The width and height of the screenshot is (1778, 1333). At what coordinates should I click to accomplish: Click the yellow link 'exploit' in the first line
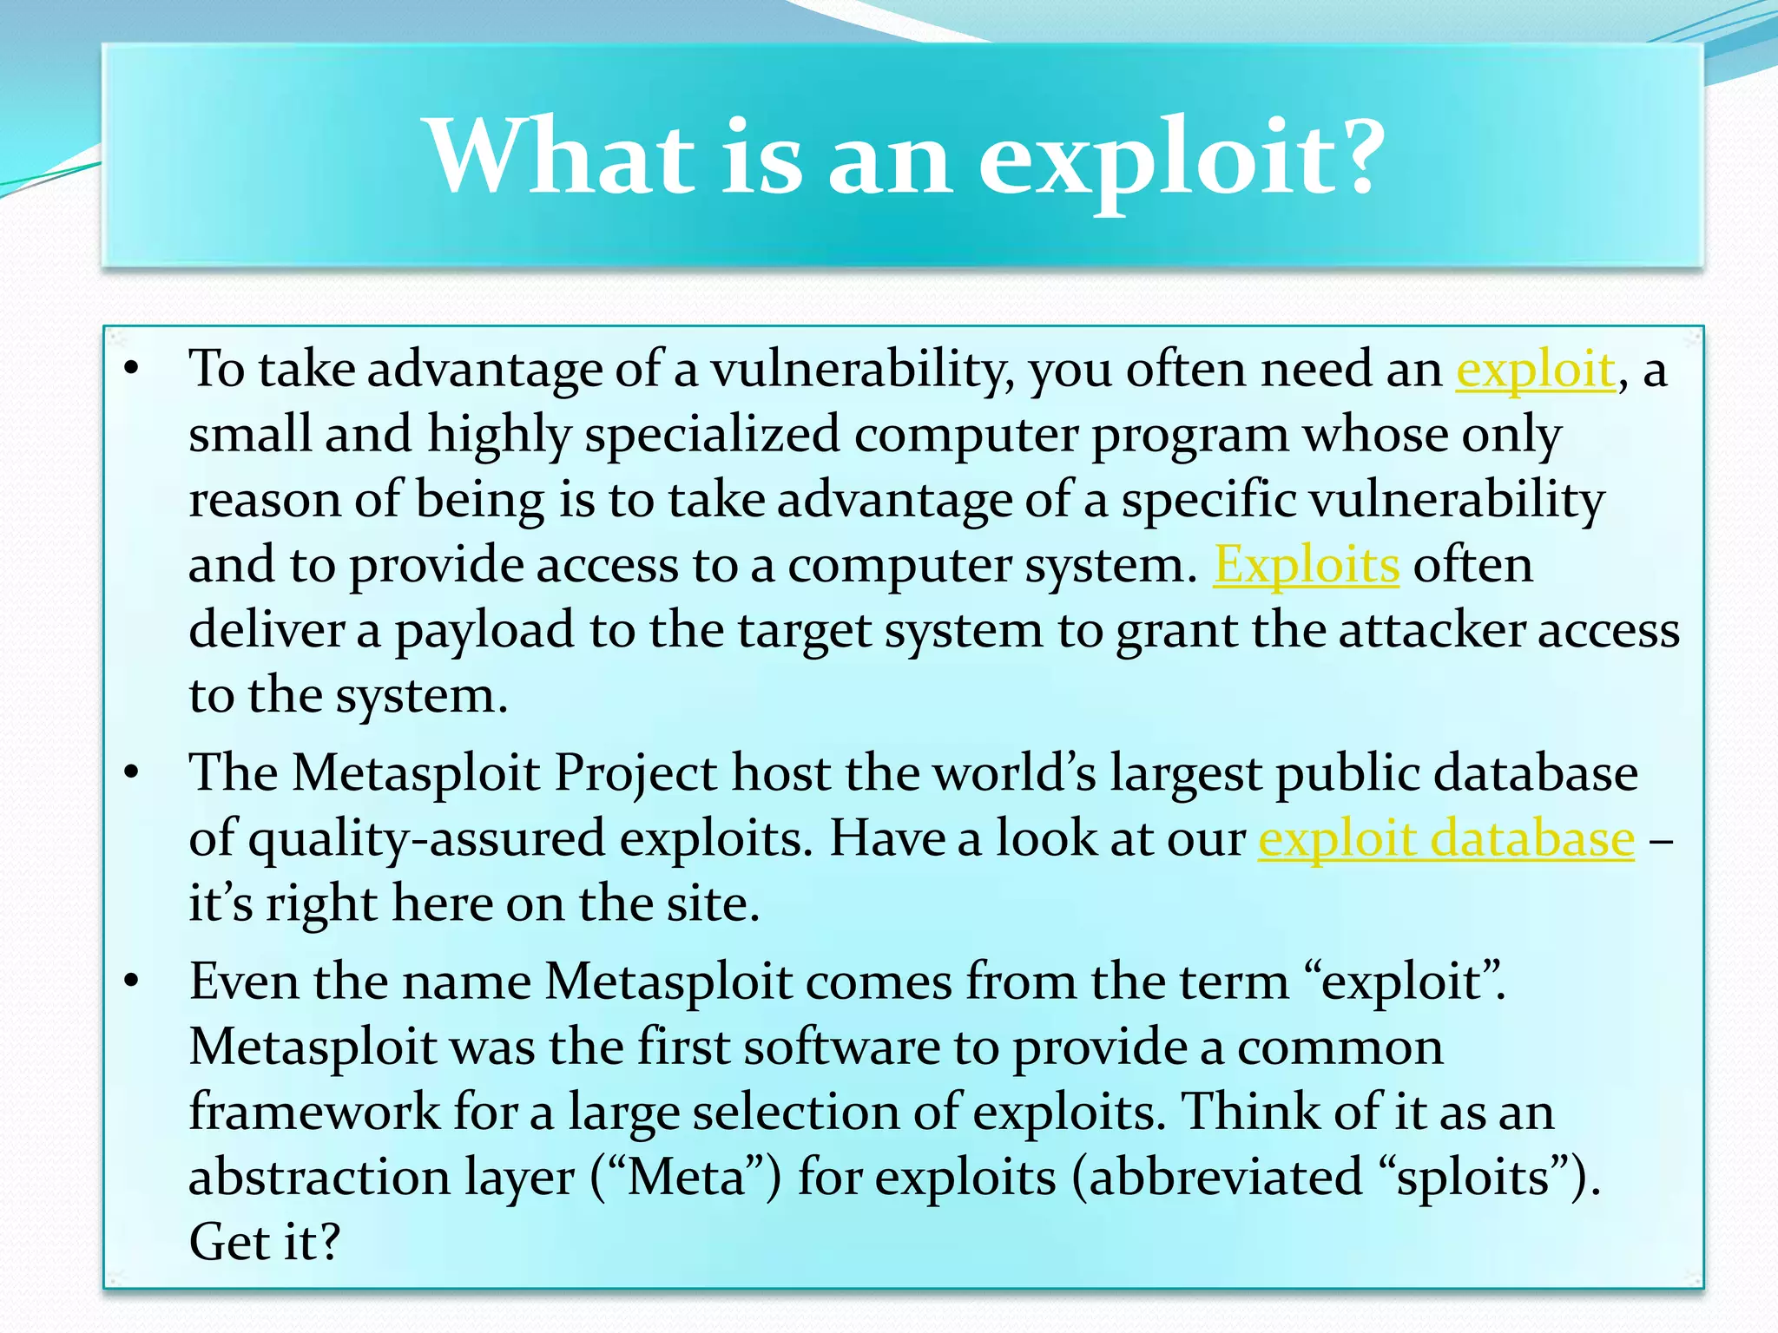click(1535, 370)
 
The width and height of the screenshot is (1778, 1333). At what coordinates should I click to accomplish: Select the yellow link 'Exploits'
click(1306, 566)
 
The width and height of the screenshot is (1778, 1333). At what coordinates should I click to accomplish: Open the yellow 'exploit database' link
click(1446, 839)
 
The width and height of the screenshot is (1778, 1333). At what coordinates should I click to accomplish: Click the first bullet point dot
click(131, 370)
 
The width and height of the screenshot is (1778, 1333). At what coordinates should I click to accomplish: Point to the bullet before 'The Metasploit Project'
click(131, 772)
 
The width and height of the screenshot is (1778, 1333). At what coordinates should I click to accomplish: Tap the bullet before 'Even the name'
click(131, 982)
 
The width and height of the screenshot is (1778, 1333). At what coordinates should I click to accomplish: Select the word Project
click(635, 772)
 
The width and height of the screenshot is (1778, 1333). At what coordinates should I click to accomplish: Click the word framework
click(314, 1113)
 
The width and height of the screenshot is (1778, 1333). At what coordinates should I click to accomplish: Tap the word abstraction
click(319, 1178)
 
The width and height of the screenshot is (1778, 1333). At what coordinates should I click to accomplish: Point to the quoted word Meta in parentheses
click(686, 1178)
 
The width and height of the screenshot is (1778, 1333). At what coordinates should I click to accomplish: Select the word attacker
click(1431, 631)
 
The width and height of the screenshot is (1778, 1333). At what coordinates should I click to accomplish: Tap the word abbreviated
click(1225, 1178)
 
